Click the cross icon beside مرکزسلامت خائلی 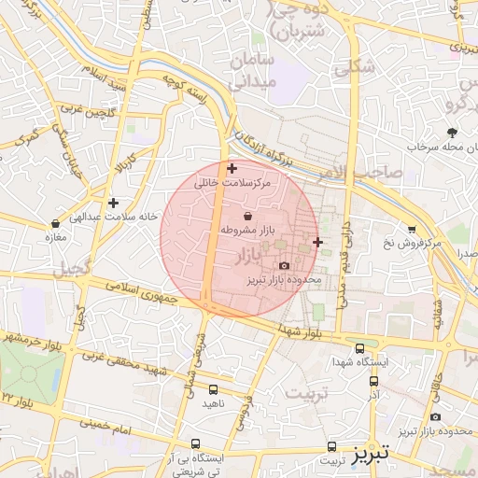(x=232, y=168)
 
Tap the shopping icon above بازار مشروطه (x=246, y=216)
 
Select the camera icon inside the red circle (x=284, y=266)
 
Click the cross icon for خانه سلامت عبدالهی (x=113, y=203)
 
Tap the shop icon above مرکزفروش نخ (x=412, y=229)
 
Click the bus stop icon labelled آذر (x=374, y=381)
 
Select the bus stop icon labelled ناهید (x=214, y=389)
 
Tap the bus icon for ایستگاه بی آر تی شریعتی (x=195, y=443)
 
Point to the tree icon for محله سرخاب (x=453, y=133)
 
